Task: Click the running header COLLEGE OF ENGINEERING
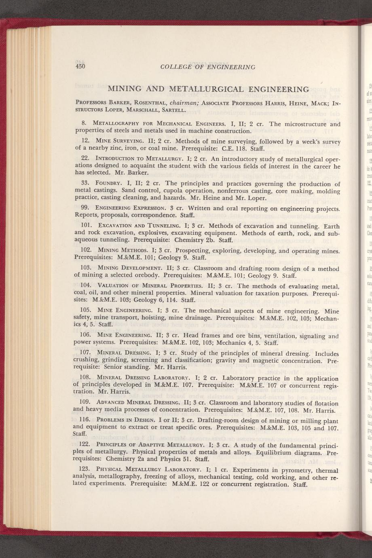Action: click(x=207, y=67)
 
